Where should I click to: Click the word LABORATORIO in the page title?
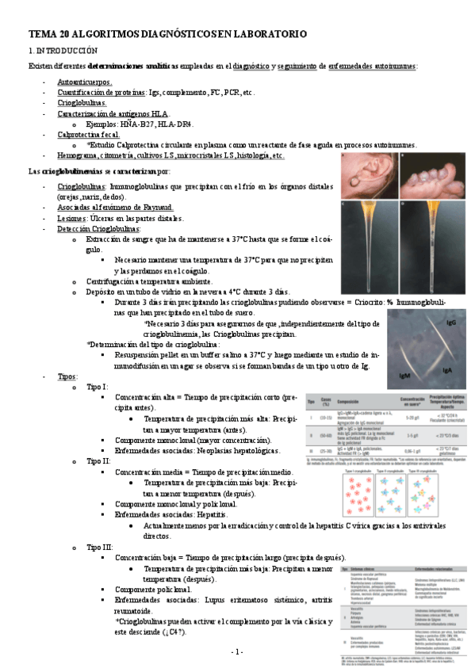(x=262, y=34)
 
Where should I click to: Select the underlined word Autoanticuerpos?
(x=85, y=82)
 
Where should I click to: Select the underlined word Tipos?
(x=67, y=376)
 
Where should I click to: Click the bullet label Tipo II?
(x=98, y=460)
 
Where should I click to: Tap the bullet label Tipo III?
(x=99, y=548)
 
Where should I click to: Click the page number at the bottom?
(x=236, y=651)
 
